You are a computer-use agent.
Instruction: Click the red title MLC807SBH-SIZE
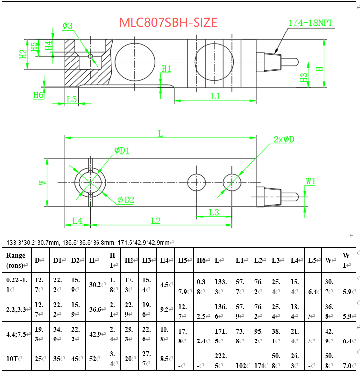point(167,22)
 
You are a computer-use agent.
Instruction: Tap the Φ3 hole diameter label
point(67,25)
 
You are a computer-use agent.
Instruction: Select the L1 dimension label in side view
point(215,96)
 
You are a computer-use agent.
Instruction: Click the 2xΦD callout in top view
point(284,139)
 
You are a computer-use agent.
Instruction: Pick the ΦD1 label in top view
point(122,150)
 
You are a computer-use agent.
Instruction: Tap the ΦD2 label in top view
point(126,199)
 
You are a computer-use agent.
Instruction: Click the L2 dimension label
point(156,221)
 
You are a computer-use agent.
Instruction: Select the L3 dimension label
point(214,212)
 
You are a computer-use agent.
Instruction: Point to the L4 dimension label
point(77,221)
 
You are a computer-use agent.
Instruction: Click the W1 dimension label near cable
point(310,181)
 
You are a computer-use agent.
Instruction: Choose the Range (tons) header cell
point(16,260)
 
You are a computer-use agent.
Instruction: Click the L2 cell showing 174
point(258,365)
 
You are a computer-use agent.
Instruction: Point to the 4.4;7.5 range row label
point(17,334)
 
